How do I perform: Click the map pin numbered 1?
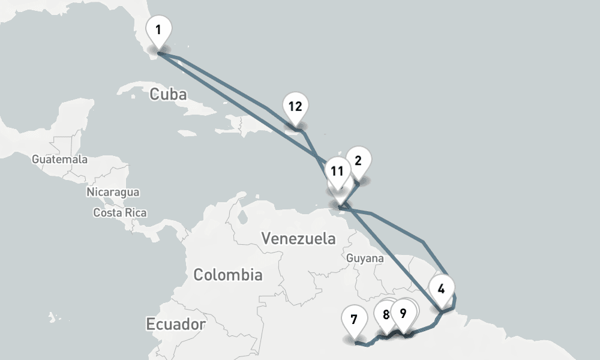(158, 29)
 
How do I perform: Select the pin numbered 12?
(295, 107)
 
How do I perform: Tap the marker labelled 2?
(358, 161)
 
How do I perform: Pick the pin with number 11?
(337, 171)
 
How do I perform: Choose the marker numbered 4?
(442, 289)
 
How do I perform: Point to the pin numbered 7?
(354, 319)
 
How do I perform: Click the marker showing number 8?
(385, 313)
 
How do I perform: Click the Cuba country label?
(168, 95)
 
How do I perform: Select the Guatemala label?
(59, 160)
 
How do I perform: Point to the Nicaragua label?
(113, 192)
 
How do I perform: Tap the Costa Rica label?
(120, 212)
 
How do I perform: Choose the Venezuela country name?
(299, 238)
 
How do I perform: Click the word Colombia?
(227, 275)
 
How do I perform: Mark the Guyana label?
(365, 258)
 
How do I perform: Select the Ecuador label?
(176, 325)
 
